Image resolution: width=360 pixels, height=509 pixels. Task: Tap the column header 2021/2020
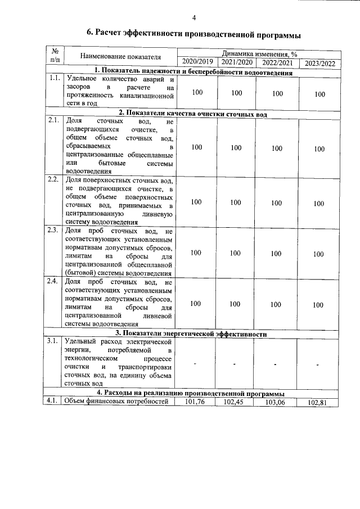click(236, 62)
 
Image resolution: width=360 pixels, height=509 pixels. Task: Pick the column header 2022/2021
click(277, 63)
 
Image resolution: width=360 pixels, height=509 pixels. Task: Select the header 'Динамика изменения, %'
click(259, 54)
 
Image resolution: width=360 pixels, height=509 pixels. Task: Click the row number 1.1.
click(55, 79)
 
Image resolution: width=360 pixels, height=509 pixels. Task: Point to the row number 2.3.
click(54, 231)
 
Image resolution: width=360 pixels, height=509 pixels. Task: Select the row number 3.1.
click(54, 341)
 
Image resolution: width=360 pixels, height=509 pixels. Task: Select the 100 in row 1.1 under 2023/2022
click(319, 94)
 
